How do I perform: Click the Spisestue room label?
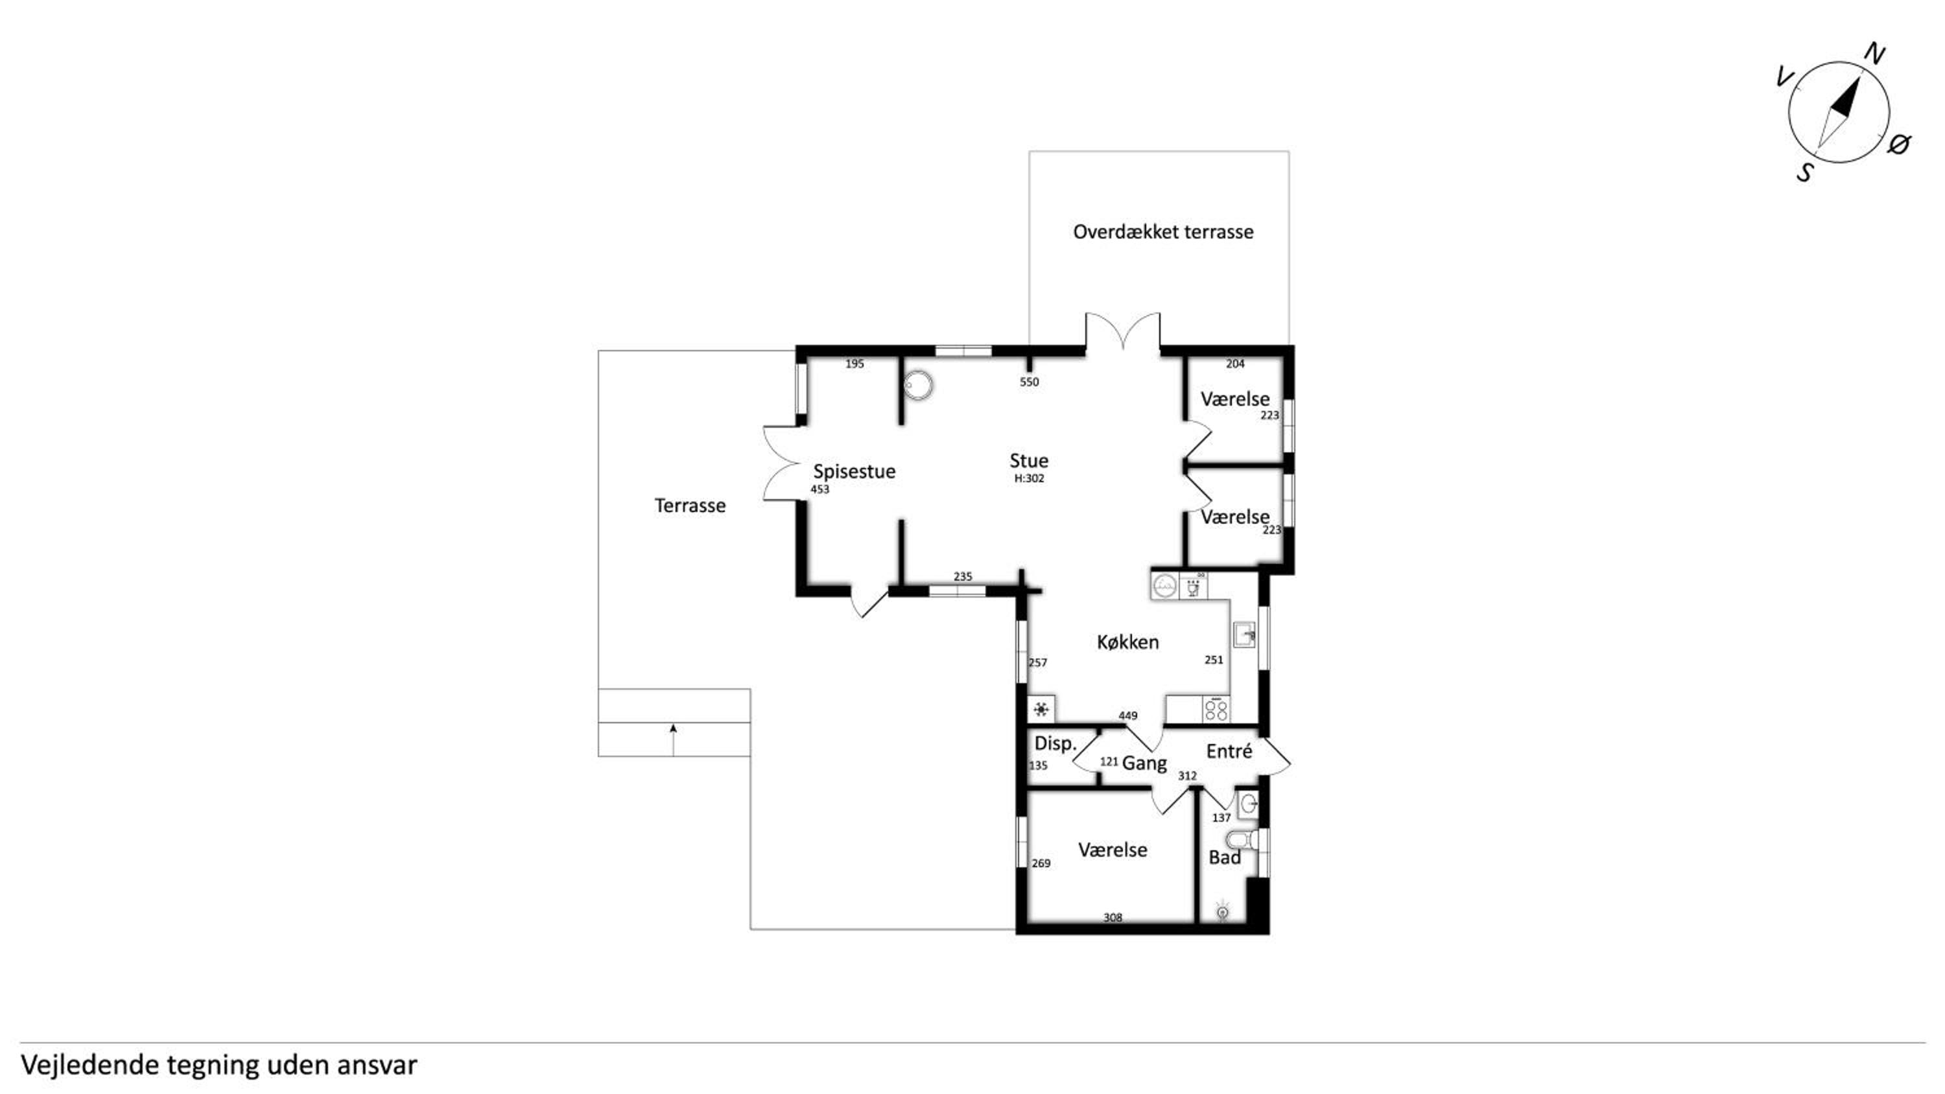(x=854, y=472)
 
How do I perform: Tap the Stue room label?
(x=1029, y=461)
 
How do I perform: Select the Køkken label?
(x=1127, y=642)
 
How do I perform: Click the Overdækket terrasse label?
(x=1162, y=232)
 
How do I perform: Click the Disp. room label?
(x=1055, y=743)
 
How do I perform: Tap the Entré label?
(x=1229, y=751)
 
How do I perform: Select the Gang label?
(x=1145, y=763)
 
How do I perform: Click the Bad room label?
(x=1224, y=857)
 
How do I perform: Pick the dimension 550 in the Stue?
(x=1029, y=382)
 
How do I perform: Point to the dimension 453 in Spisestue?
(x=820, y=489)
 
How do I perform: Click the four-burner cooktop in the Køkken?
(x=1216, y=709)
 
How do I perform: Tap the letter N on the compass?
(x=1876, y=54)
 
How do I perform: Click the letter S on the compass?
(x=1804, y=173)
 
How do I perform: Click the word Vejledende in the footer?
(x=91, y=1065)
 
